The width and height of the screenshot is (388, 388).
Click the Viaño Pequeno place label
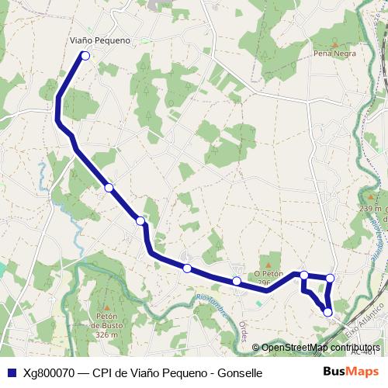99,40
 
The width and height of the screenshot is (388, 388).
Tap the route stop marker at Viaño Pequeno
85,55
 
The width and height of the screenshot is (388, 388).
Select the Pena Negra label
334,54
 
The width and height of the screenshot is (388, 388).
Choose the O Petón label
268,274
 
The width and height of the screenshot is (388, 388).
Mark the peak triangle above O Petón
268,265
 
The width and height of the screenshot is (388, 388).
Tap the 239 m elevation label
371,209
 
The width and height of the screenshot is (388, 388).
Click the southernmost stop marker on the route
327,312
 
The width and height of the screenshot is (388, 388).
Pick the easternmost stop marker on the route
331,278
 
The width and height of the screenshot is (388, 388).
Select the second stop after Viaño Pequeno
140,221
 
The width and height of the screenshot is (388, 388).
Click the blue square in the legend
11,372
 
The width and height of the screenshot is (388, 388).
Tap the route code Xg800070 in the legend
50,372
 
